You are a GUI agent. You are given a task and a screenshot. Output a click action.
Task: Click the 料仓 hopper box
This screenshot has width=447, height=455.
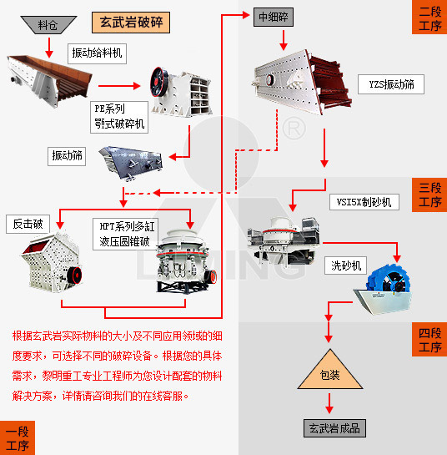(x=48, y=25)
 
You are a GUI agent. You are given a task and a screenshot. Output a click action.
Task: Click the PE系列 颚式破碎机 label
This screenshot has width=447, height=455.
(x=120, y=117)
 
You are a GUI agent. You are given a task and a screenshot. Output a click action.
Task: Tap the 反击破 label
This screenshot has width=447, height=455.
(x=27, y=223)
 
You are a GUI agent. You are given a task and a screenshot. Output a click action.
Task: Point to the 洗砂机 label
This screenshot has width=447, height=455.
(x=344, y=265)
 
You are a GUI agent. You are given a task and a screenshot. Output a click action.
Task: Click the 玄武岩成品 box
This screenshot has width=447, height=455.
(x=333, y=427)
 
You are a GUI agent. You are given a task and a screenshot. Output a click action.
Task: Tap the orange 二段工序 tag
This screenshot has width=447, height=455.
(x=429, y=18)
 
